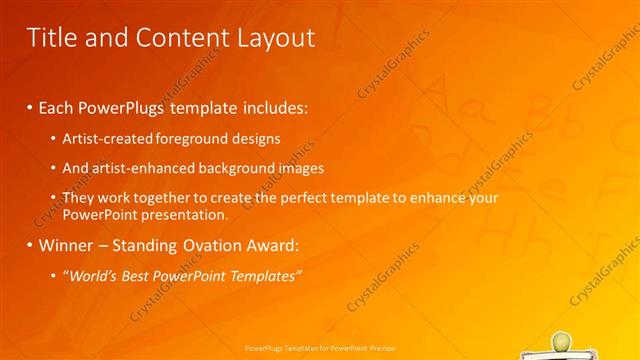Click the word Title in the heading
(x=51, y=38)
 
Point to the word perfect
(x=316, y=198)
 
